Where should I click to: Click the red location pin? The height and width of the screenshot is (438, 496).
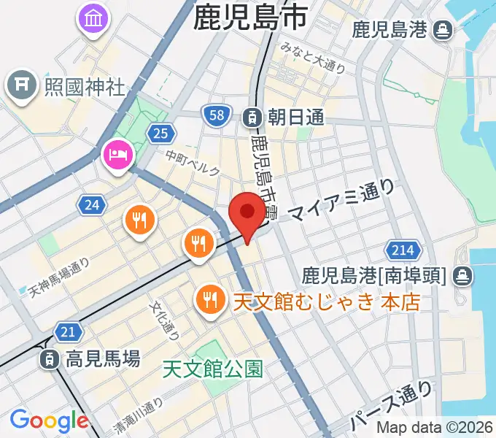(x=247, y=212)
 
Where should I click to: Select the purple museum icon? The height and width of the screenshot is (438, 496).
(x=93, y=18)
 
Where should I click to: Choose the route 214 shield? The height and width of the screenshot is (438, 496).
(x=401, y=250)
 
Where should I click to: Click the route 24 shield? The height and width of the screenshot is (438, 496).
(x=92, y=205)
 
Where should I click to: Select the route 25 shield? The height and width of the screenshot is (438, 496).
(x=160, y=132)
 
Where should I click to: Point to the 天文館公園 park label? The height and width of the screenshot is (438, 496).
(x=212, y=369)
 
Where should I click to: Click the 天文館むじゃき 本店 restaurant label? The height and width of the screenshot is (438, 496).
(x=326, y=301)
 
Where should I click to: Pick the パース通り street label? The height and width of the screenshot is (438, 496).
(x=381, y=407)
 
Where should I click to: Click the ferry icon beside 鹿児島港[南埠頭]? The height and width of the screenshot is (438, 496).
(x=462, y=276)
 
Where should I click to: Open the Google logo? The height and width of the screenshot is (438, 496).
(x=49, y=420)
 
